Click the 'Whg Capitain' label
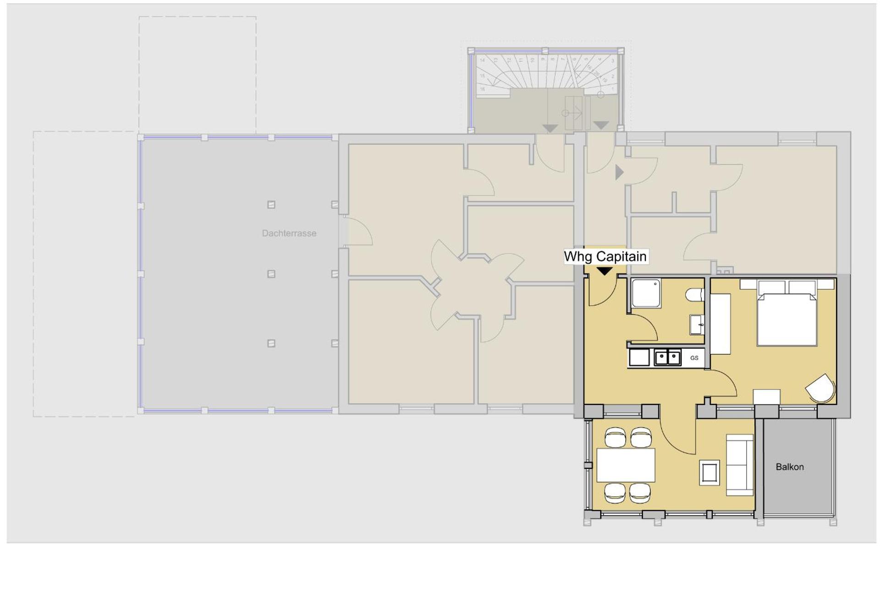tap(605, 256)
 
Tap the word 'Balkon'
tap(789, 467)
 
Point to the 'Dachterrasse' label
tap(289, 233)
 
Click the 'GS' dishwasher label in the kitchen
tap(694, 358)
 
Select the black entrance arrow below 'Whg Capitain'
tap(605, 272)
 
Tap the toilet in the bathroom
tap(695, 295)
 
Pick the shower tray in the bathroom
tap(646, 293)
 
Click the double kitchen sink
tap(667, 357)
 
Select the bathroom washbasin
tap(697, 325)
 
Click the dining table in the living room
tap(626, 465)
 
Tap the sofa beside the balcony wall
tap(740, 465)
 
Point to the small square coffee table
tap(709, 473)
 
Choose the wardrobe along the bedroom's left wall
tap(720, 324)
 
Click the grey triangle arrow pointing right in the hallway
tap(619, 172)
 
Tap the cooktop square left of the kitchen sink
tap(639, 358)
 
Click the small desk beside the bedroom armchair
tap(766, 396)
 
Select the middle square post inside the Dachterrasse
tap(271, 274)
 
